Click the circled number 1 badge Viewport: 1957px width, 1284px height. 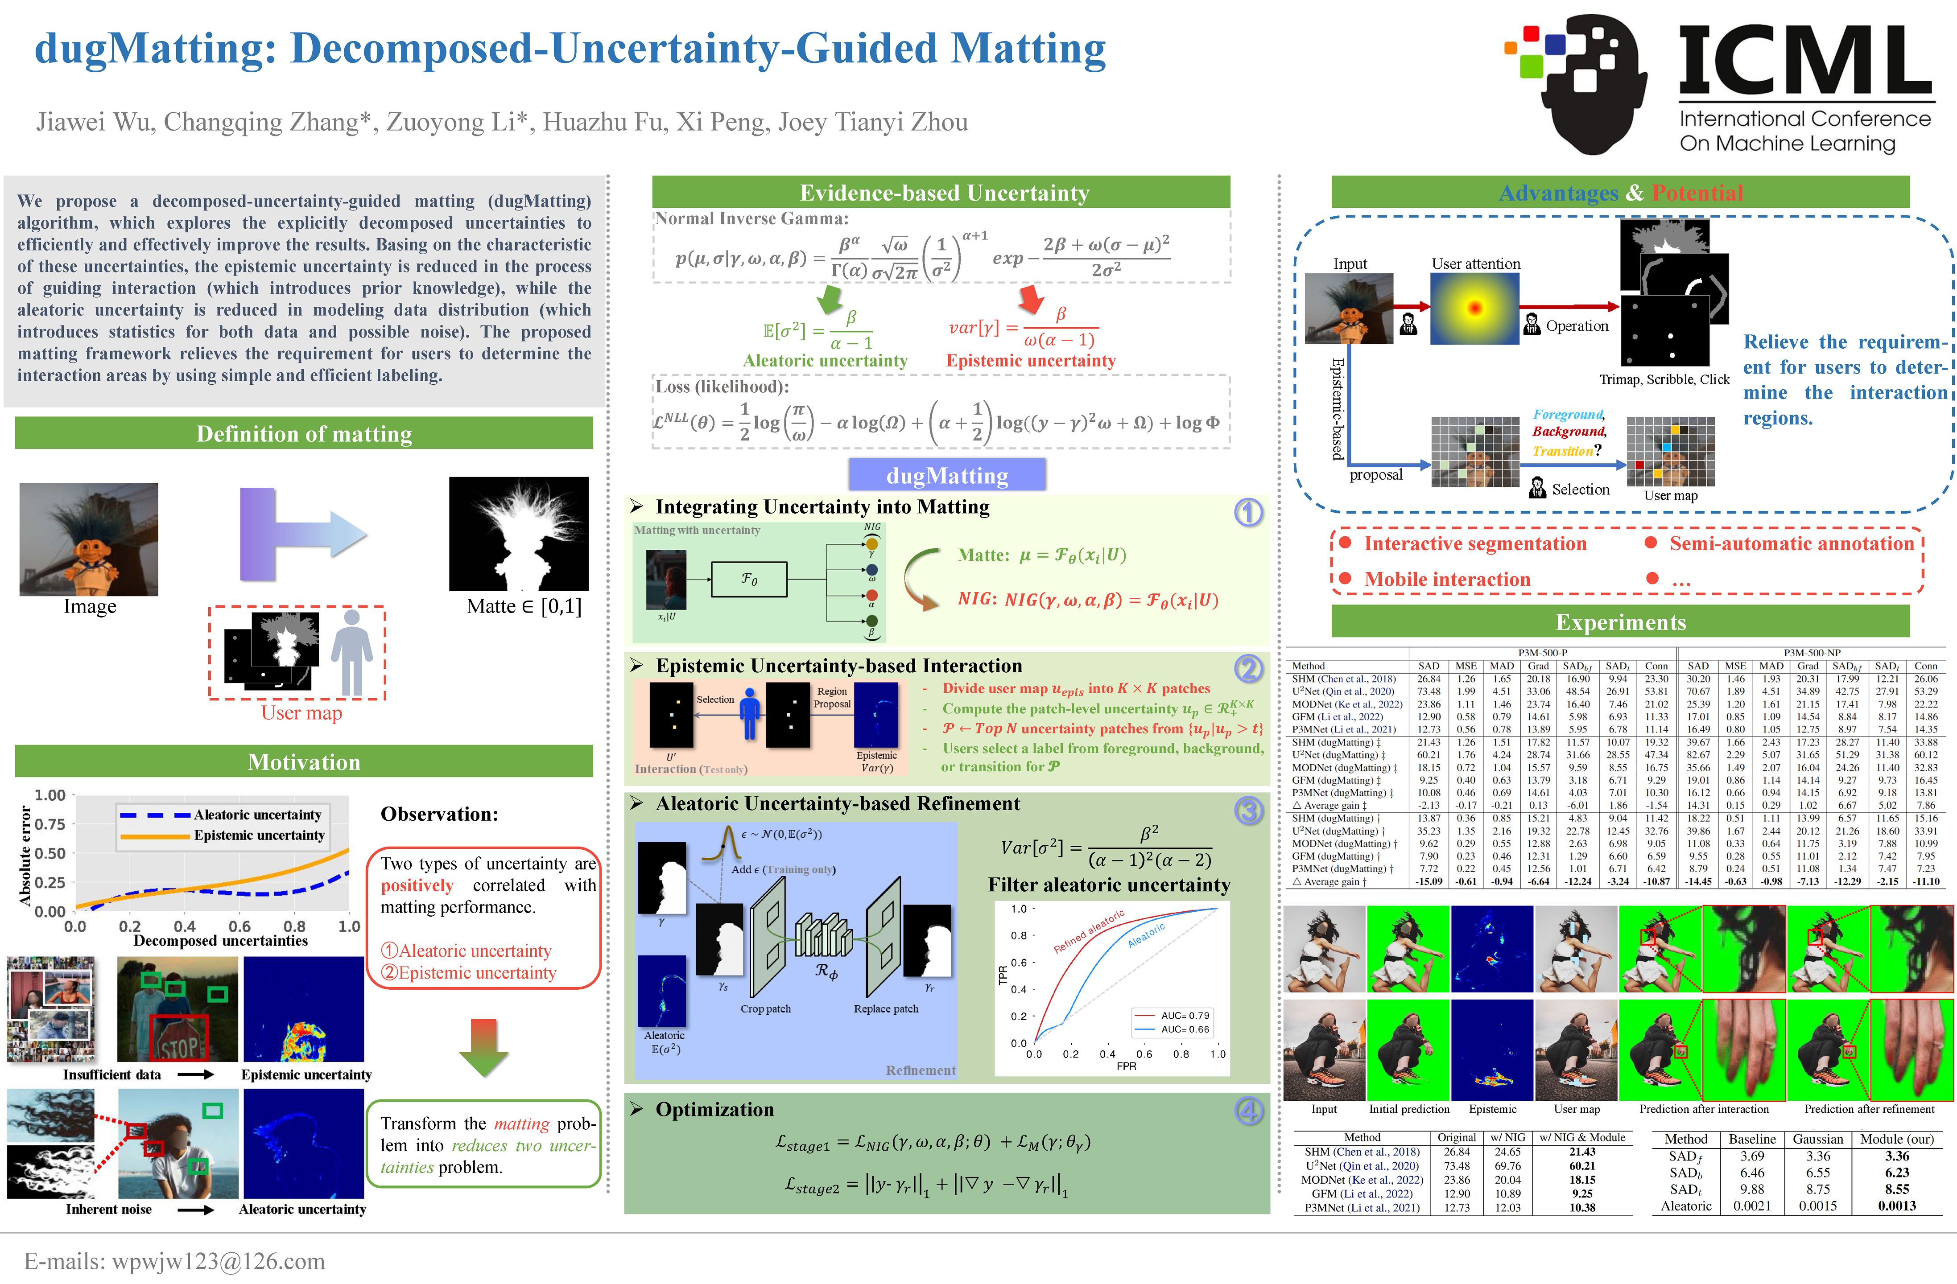coord(1248,513)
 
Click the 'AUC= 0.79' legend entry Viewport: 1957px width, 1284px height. coord(1184,1015)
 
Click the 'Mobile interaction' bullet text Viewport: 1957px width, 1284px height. coord(1447,580)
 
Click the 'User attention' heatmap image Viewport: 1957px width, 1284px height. coord(1474,308)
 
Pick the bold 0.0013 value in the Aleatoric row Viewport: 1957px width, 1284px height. coord(1897,1206)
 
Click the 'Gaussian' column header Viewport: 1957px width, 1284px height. coord(1817,1139)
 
